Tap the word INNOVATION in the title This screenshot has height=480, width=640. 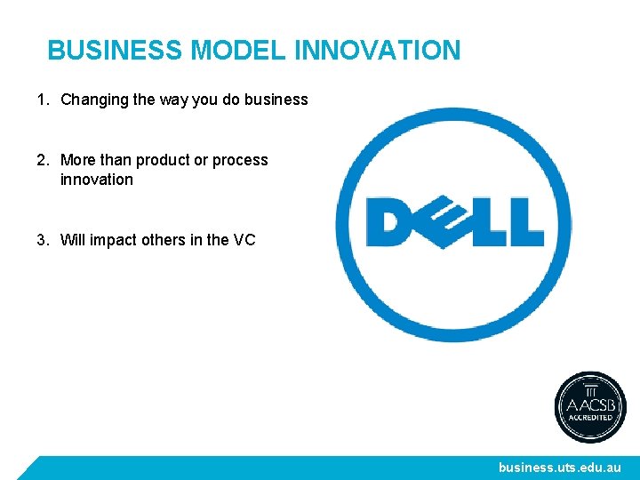point(377,50)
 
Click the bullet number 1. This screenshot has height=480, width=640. point(42,100)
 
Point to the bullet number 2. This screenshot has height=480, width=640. point(42,160)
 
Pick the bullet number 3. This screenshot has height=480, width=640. point(42,239)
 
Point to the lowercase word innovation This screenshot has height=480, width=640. point(96,180)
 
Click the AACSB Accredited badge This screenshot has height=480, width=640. point(590,407)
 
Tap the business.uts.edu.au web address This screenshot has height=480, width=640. point(560,468)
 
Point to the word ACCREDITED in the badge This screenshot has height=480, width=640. point(590,417)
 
